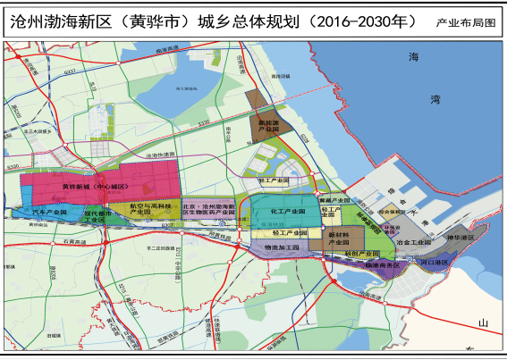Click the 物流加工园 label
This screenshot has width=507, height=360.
[x=281, y=245]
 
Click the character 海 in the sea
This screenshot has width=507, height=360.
[x=413, y=57]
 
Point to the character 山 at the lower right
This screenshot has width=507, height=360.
[x=483, y=322]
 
